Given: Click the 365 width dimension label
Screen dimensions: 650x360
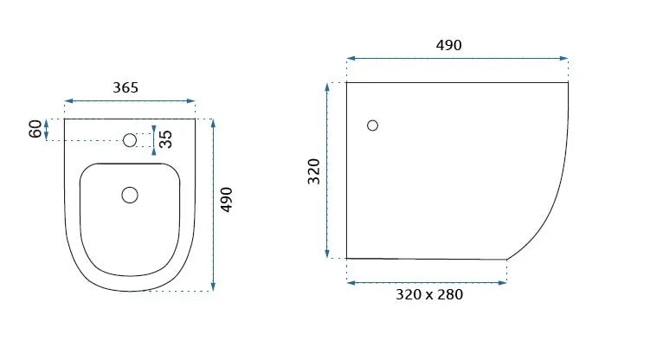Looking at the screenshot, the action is (125, 87).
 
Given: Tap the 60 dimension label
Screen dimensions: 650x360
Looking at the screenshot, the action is (35, 129).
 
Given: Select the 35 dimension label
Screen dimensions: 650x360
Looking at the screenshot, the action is (165, 139).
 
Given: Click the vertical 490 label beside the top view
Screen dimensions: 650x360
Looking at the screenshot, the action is (226, 200).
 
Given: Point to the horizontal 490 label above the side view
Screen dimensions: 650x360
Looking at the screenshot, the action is (448, 45).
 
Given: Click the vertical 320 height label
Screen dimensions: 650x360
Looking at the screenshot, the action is (314, 171).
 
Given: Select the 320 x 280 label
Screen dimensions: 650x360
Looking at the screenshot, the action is (429, 294).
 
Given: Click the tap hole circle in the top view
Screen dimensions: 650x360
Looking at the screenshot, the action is (130, 140).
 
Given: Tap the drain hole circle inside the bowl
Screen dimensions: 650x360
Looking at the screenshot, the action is (130, 195).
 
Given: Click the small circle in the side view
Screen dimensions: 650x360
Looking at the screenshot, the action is (373, 125).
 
